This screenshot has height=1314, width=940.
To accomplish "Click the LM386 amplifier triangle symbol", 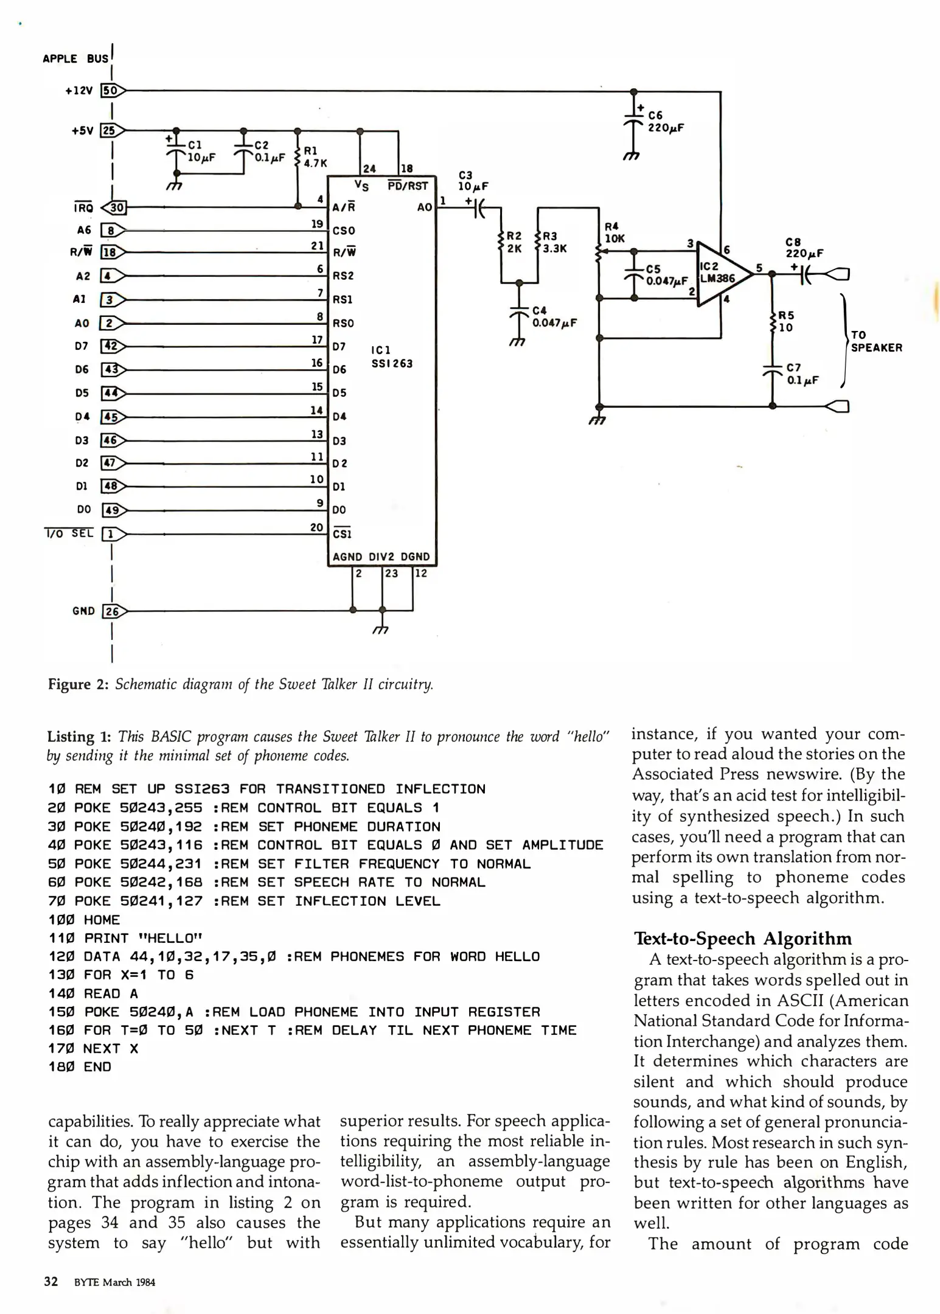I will (721, 274).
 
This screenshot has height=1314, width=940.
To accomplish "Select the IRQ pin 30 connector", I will (114, 208).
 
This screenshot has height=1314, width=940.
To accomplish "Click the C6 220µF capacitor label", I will (665, 122).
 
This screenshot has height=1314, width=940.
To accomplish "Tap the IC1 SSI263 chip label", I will (391, 357).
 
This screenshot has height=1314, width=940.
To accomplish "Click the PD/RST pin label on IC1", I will (407, 186).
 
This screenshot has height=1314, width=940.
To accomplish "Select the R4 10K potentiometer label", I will (613, 233).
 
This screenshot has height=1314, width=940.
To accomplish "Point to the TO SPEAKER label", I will (876, 341).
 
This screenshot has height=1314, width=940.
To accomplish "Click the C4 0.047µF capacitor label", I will (554, 317).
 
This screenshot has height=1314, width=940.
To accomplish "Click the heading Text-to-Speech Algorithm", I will (742, 939).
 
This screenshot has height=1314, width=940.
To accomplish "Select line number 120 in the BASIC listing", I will (61, 957).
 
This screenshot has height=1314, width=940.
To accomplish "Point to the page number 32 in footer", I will (51, 1282).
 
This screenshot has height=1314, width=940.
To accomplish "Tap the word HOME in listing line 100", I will (102, 920).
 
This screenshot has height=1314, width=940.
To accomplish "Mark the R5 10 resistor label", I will (785, 322).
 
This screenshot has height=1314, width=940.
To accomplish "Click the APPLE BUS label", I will (75, 59).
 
